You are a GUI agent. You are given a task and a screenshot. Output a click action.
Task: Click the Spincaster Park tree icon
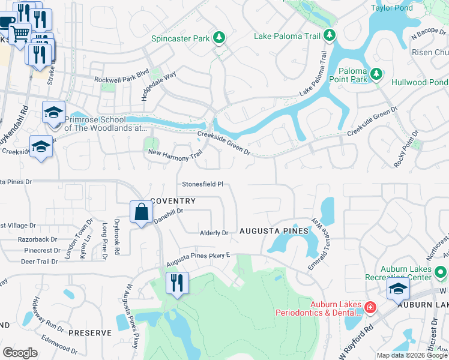click(x=220, y=38)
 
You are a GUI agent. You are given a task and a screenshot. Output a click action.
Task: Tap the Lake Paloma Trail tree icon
click(x=329, y=36)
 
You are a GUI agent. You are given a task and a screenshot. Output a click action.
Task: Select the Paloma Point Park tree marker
click(x=376, y=74)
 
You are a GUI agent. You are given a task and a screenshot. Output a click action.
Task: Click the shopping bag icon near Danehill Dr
click(x=141, y=212)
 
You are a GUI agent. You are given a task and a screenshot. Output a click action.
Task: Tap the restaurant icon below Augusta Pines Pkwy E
click(x=176, y=283)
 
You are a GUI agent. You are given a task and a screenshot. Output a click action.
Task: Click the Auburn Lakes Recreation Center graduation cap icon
click(x=398, y=289)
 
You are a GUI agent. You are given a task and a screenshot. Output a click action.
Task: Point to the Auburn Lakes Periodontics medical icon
click(x=370, y=308)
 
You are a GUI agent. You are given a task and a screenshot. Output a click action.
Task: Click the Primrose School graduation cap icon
click(x=53, y=113)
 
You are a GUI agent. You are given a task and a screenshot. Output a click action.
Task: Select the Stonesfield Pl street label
click(x=203, y=184)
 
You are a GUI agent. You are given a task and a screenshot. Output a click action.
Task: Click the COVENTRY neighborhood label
click(x=173, y=201)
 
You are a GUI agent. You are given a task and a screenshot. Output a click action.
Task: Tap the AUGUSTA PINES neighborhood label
click(x=274, y=231)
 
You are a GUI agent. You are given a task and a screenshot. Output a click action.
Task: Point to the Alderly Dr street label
click(x=214, y=233)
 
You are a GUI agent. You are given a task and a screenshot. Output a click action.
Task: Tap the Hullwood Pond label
click(x=420, y=82)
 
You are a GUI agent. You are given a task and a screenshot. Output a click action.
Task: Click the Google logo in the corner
click(x=20, y=353)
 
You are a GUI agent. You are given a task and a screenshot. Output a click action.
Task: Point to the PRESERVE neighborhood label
click(x=90, y=332)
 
